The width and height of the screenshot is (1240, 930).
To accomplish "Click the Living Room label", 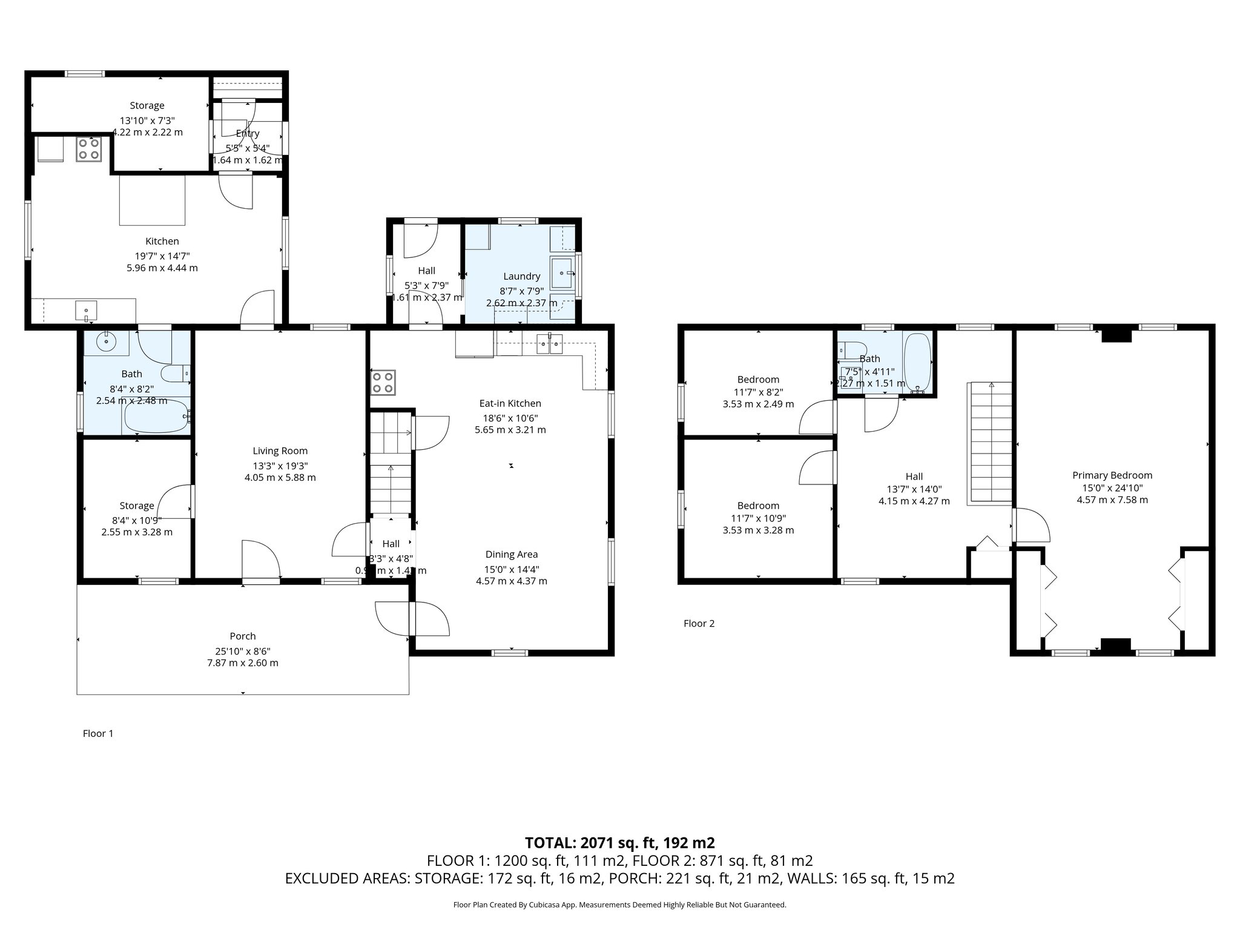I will [x=280, y=450].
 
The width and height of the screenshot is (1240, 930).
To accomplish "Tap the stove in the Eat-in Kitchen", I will [x=383, y=382].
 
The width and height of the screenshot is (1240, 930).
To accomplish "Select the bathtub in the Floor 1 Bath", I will [x=157, y=415].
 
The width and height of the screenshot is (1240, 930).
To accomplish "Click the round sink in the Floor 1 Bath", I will [x=107, y=342].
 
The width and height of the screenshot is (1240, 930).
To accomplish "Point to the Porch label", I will [x=242, y=636].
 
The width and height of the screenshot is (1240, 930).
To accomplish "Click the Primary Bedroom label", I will [x=1112, y=475].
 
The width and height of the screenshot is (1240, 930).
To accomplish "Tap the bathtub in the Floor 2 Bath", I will [x=917, y=362].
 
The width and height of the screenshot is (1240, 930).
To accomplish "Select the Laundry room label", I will [x=521, y=276].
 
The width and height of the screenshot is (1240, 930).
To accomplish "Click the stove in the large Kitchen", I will [x=88, y=150].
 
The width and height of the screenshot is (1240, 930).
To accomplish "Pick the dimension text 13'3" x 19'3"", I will [x=280, y=466].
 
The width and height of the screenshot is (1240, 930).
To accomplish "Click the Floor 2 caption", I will [x=699, y=623].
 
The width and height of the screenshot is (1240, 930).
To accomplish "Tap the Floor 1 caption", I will [x=98, y=733].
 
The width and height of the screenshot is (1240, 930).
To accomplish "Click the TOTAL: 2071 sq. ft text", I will [x=619, y=842].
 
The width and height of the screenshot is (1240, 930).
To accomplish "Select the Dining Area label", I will [x=511, y=554].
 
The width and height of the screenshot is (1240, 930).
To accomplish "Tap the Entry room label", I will [x=248, y=133].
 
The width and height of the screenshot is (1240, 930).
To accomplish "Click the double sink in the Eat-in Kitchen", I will [x=550, y=345].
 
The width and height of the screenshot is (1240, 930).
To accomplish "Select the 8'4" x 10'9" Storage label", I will [x=137, y=506].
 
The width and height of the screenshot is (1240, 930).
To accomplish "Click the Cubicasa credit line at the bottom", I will [x=619, y=905].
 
